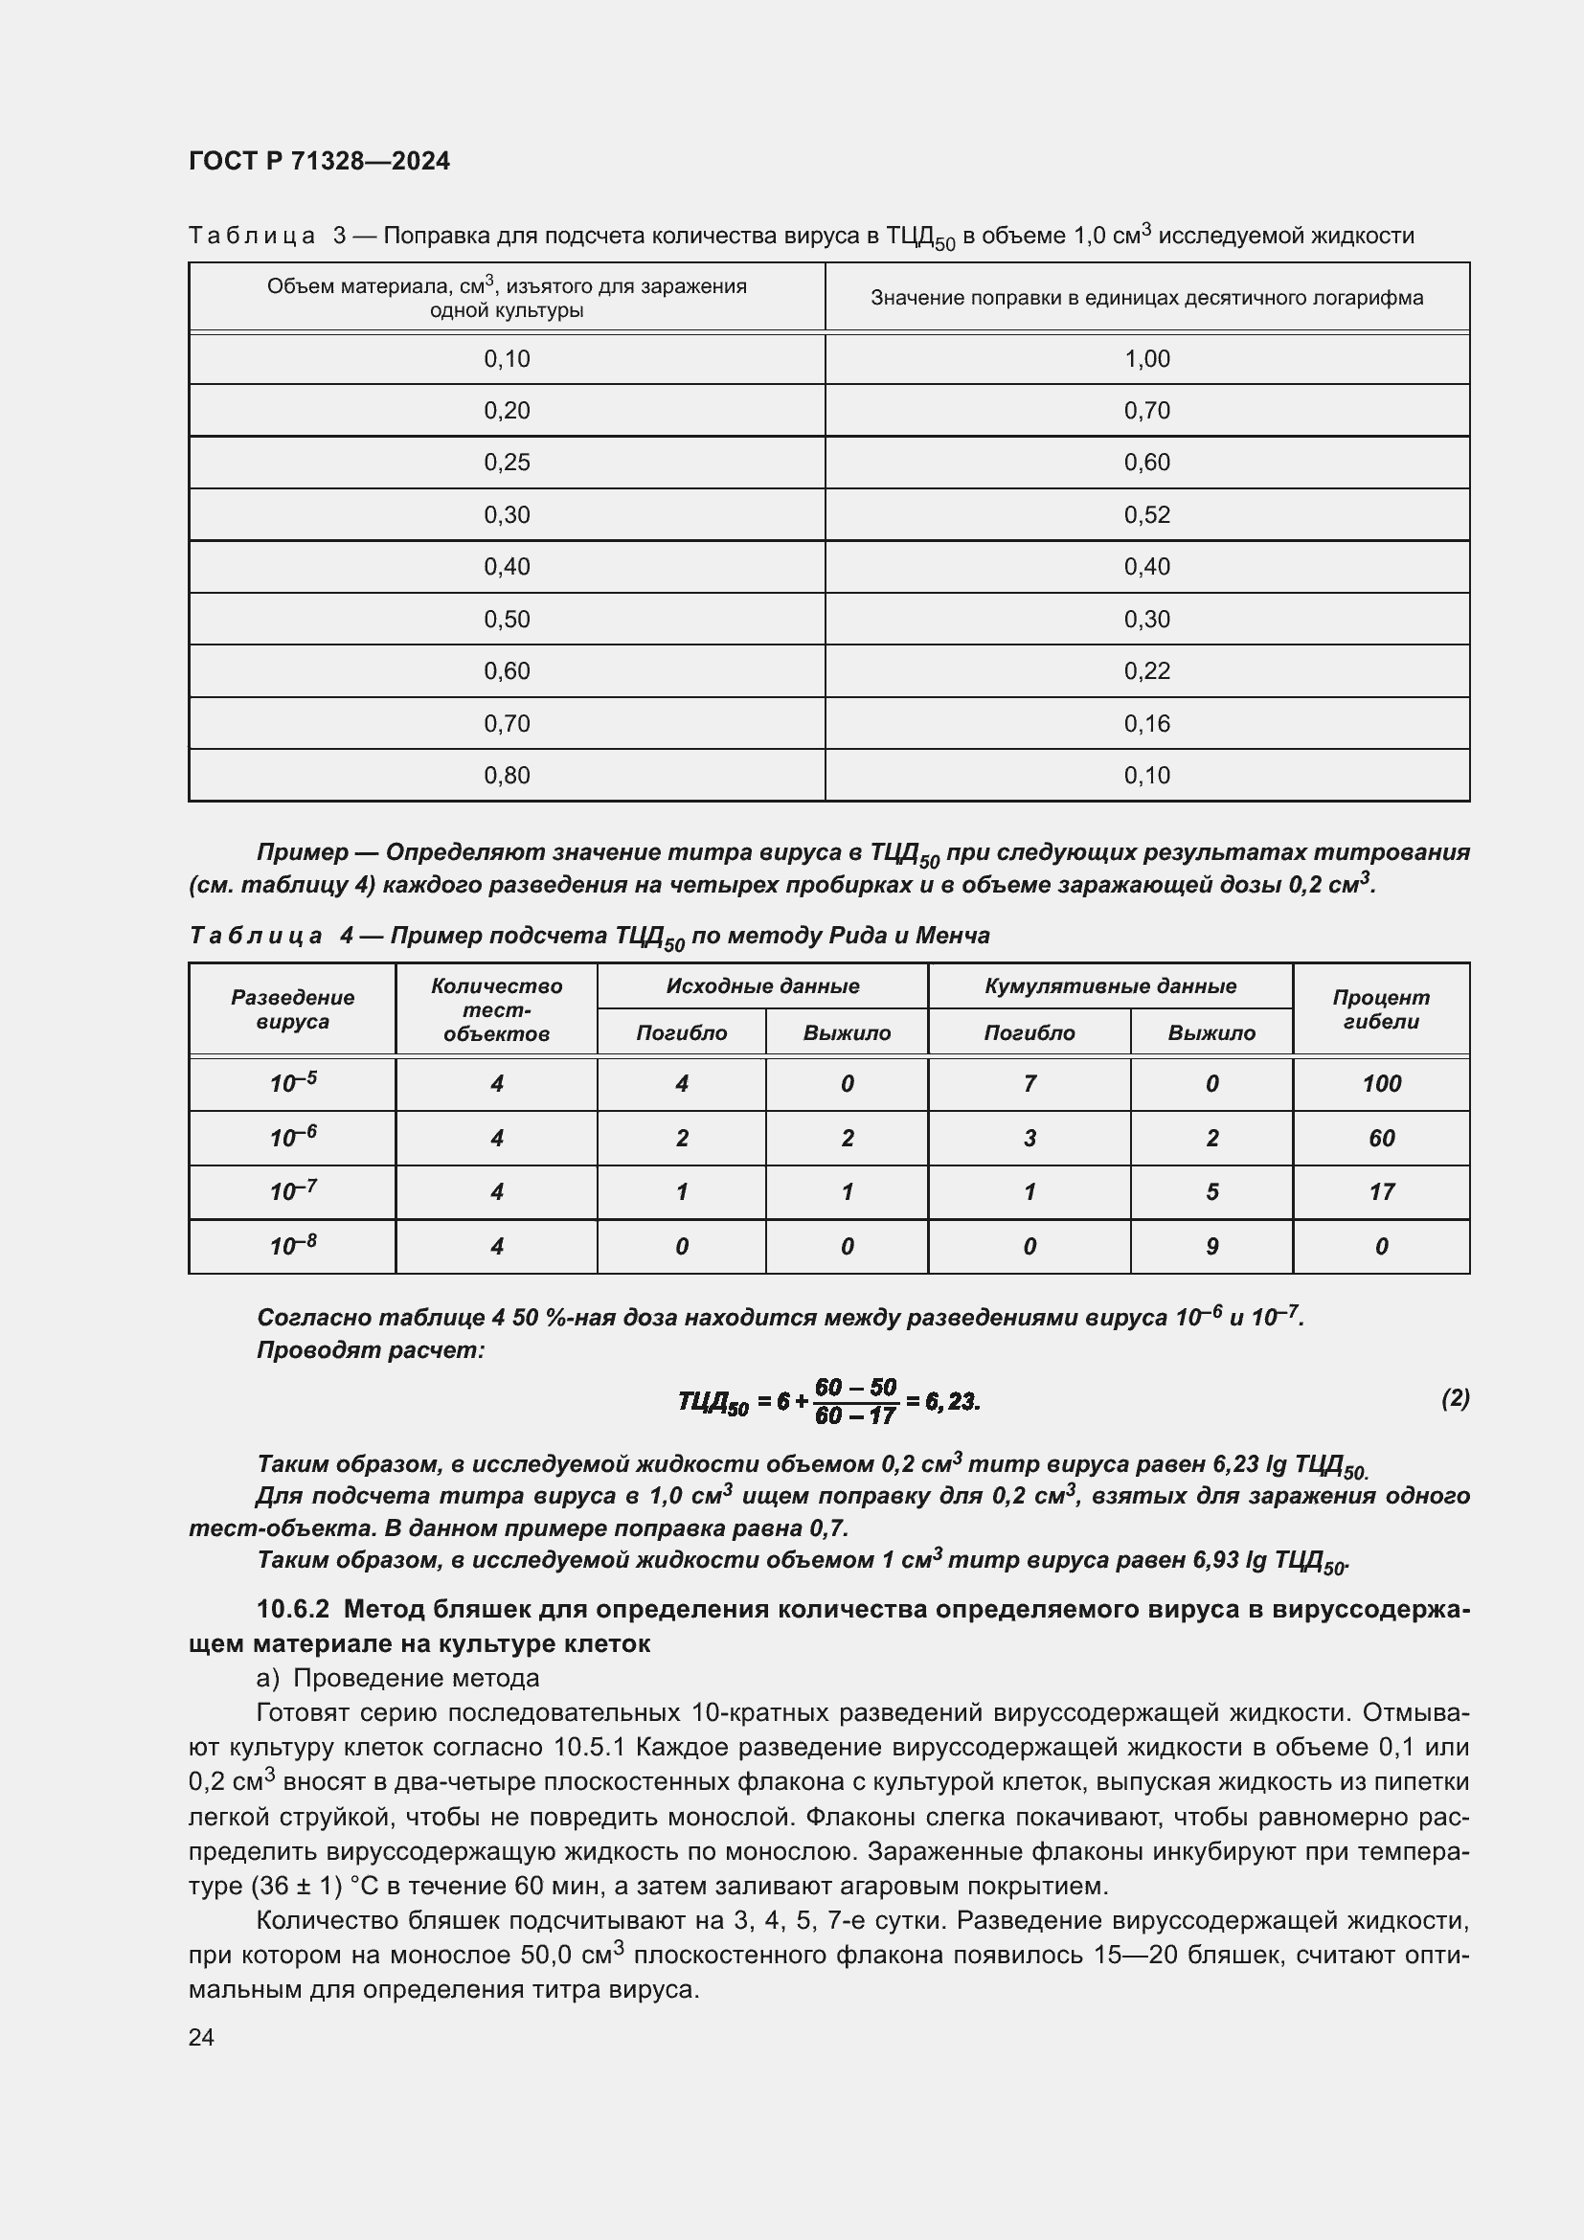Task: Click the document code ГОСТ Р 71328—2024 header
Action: point(319,161)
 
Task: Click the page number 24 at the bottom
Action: point(201,2037)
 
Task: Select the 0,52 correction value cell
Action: point(1146,514)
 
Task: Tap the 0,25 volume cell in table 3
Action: point(507,463)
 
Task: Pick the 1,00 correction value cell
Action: point(1146,359)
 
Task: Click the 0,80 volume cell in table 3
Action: point(507,776)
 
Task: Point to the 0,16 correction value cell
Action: point(1146,723)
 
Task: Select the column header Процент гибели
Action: point(1380,1008)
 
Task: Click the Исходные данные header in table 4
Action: point(761,985)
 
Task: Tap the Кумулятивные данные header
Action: point(1110,985)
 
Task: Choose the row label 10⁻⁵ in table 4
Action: point(293,1083)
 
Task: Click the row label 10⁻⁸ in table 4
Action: point(293,1246)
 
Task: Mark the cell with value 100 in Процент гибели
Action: point(1381,1084)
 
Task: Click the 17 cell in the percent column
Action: point(1381,1192)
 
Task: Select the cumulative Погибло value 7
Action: point(1029,1084)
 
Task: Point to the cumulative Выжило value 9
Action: point(1211,1247)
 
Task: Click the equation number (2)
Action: point(1455,1399)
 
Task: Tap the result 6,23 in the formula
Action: point(951,1402)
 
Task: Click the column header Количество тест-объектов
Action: point(496,1008)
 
